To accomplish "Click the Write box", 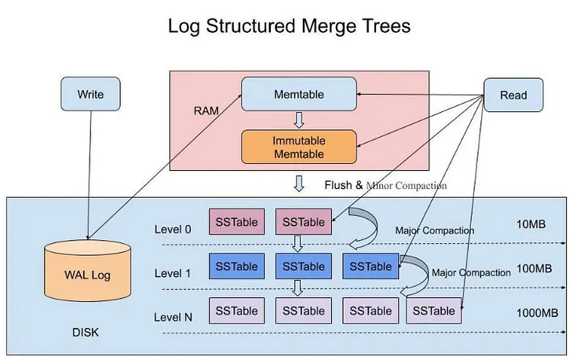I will coord(89,95).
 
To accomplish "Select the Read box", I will coord(513,96).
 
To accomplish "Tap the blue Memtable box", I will coord(298,93).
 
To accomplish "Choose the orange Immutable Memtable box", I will coord(298,147).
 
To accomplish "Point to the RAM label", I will coord(206,111).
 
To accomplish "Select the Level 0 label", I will coord(173,229).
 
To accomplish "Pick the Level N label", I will coord(173,317).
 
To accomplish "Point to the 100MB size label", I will coord(535,269).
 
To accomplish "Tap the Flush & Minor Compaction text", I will coord(385,186).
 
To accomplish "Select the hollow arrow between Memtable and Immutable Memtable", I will coord(298,120).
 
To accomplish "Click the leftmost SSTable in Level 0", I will coord(235,222).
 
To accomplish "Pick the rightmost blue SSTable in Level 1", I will coord(370,267).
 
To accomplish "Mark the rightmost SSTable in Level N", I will coord(433,311).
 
